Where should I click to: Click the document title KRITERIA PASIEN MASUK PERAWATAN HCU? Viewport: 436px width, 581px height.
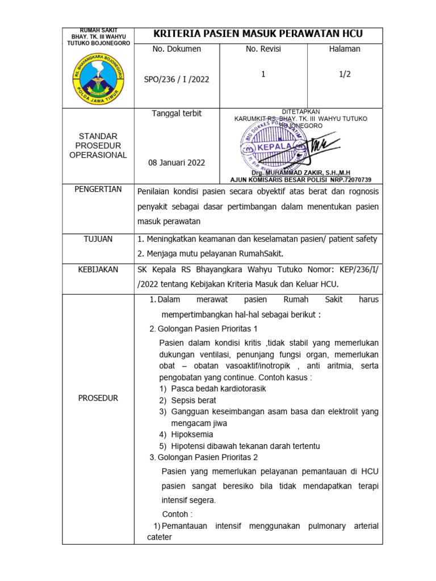point(258,35)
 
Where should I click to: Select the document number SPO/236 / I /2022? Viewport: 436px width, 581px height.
point(177,79)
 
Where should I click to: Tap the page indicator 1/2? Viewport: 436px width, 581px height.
point(345,74)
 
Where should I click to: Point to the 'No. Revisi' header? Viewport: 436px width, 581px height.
point(263,49)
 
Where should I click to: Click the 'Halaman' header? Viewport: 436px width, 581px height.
point(345,49)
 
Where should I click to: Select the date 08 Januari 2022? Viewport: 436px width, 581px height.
point(177,162)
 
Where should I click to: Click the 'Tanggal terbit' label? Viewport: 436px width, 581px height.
point(177,113)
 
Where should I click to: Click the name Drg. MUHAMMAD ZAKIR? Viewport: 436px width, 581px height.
point(301,172)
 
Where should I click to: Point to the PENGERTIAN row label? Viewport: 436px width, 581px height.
point(98,189)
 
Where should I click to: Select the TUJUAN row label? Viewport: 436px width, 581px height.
point(98,239)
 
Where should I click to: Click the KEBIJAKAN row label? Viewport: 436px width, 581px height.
point(98,270)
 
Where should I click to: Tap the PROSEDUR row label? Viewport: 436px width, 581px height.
point(98,398)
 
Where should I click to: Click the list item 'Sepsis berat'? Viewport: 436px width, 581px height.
point(193,400)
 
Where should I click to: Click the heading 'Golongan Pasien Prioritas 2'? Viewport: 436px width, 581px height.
point(207,457)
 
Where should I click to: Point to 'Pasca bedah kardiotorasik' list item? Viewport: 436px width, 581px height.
point(218,389)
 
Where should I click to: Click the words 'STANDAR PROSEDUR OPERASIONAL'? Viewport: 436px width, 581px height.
point(98,146)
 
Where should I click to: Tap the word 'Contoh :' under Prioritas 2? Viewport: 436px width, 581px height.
point(177,514)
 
